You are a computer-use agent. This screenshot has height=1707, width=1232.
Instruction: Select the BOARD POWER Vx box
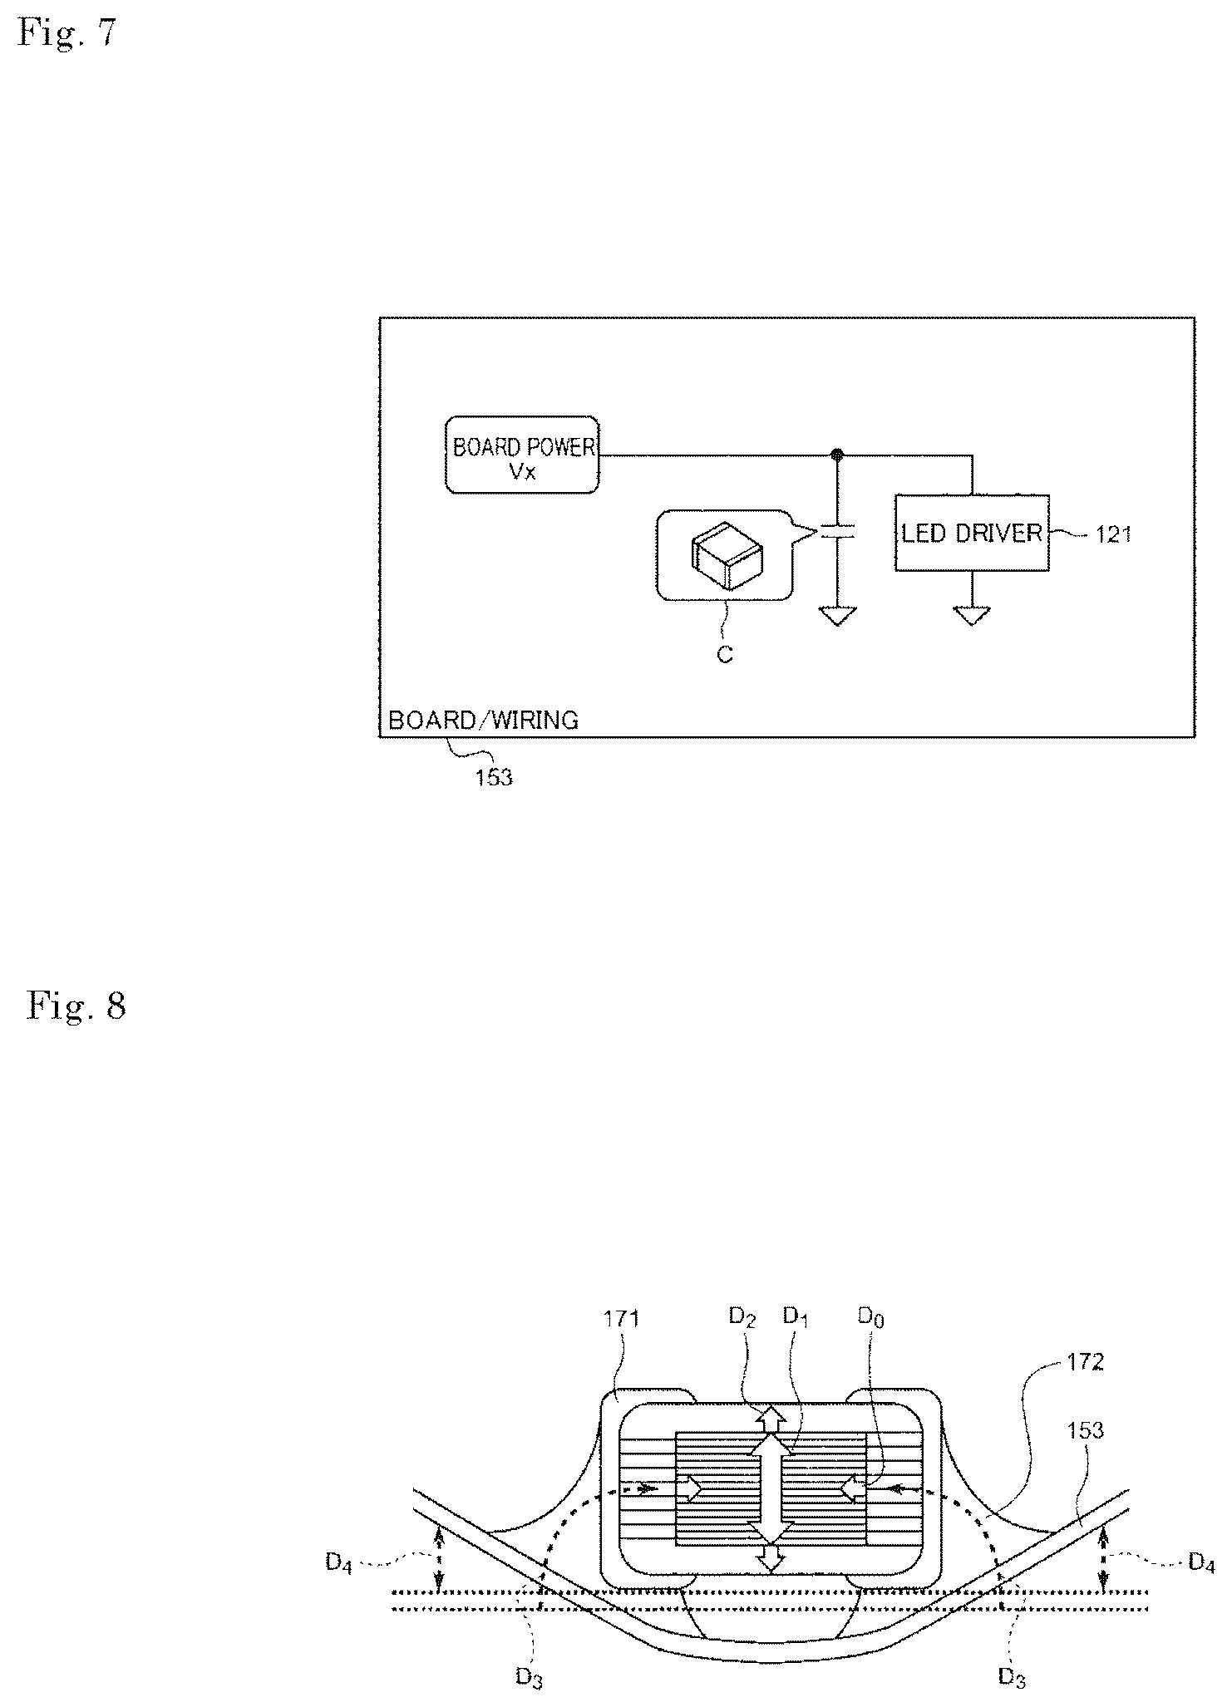522,455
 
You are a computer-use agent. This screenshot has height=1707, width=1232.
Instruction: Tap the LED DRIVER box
972,533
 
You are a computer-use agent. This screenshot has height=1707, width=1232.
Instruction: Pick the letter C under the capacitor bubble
725,655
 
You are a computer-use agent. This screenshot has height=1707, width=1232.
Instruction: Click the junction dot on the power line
837,455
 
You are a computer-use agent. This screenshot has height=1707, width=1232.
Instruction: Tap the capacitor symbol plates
837,532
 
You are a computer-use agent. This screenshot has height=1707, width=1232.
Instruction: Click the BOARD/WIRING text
483,720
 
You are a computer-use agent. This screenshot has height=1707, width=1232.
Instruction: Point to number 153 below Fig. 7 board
494,778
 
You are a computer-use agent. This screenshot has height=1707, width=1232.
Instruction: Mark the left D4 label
339,1563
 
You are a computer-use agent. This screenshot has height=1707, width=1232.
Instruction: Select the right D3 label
1012,1677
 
